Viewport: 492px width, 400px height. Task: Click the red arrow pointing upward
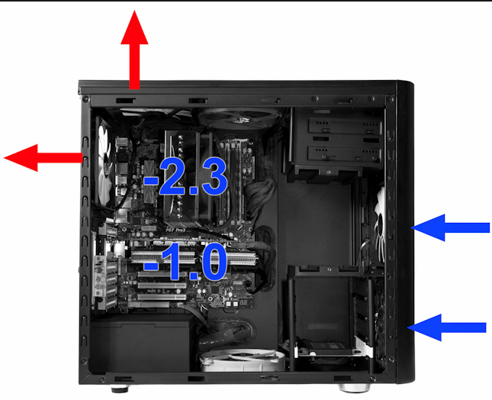[x=134, y=50]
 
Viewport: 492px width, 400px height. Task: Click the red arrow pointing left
[x=43, y=157]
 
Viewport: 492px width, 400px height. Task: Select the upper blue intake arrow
[x=451, y=227]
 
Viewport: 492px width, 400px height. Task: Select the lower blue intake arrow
[x=447, y=327]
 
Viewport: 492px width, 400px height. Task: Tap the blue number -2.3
[x=185, y=176]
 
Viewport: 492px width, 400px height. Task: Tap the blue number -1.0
[x=185, y=262]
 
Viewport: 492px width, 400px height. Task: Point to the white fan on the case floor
[x=243, y=360]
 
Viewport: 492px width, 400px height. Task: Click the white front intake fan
[x=380, y=224]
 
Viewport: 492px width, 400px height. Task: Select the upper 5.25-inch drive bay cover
[x=345, y=127]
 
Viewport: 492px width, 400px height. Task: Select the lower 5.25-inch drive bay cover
[x=345, y=154]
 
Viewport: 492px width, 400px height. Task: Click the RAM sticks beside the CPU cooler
[x=233, y=179]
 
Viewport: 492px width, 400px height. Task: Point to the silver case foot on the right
[x=354, y=388]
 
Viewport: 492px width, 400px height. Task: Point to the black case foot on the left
[x=120, y=389]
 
